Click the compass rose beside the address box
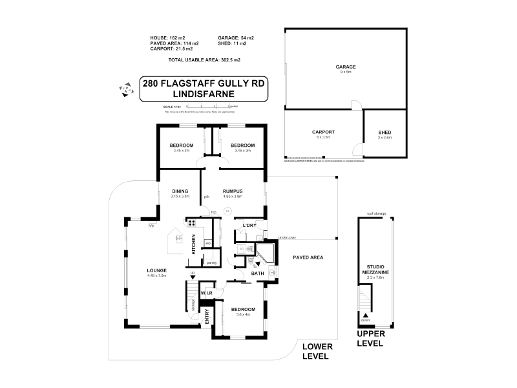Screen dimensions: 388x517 point(124,91)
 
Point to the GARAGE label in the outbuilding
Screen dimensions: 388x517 point(346,67)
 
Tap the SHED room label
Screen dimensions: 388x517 point(385,132)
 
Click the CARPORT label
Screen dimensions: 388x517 point(324,132)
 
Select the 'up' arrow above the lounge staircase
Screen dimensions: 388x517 point(193,277)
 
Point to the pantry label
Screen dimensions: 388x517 point(211,263)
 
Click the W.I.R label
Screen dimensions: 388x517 point(207,292)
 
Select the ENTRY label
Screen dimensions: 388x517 point(207,317)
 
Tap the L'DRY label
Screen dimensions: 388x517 point(249,226)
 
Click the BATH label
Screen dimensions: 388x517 point(257,274)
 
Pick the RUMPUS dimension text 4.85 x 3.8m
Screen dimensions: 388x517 point(232,197)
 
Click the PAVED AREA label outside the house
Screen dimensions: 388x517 point(307,257)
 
